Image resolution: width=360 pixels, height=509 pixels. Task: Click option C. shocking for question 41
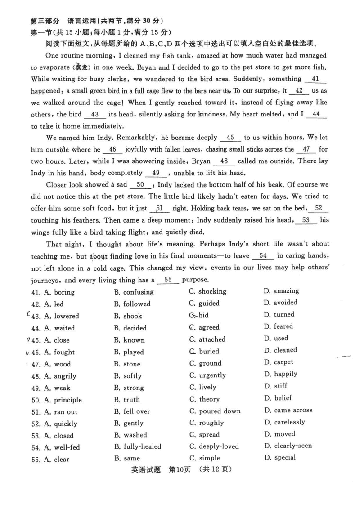point(207,291)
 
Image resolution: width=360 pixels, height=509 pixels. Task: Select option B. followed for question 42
point(132,304)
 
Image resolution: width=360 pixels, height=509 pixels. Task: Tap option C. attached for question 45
point(207,339)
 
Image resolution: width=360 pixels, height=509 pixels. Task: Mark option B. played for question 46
point(129,352)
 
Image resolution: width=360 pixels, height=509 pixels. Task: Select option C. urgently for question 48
point(207,375)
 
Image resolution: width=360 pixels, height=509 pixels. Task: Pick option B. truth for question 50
point(127,399)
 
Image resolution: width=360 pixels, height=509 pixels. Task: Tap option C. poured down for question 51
point(215,411)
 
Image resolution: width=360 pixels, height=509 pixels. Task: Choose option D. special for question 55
point(279,458)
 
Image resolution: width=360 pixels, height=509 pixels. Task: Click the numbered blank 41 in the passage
point(315,79)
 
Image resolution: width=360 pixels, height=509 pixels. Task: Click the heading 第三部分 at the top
point(45,21)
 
